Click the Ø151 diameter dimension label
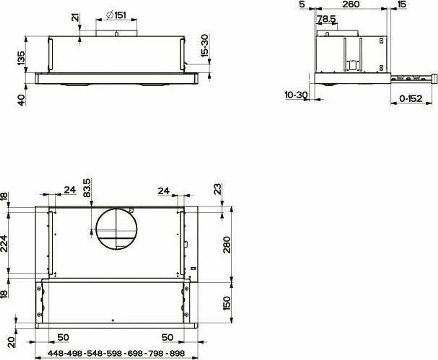116,15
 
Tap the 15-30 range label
205,46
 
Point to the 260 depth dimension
351,4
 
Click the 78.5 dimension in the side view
326,19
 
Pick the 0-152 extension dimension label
411,98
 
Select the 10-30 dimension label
296,95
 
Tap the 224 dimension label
4,244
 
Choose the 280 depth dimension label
227,245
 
